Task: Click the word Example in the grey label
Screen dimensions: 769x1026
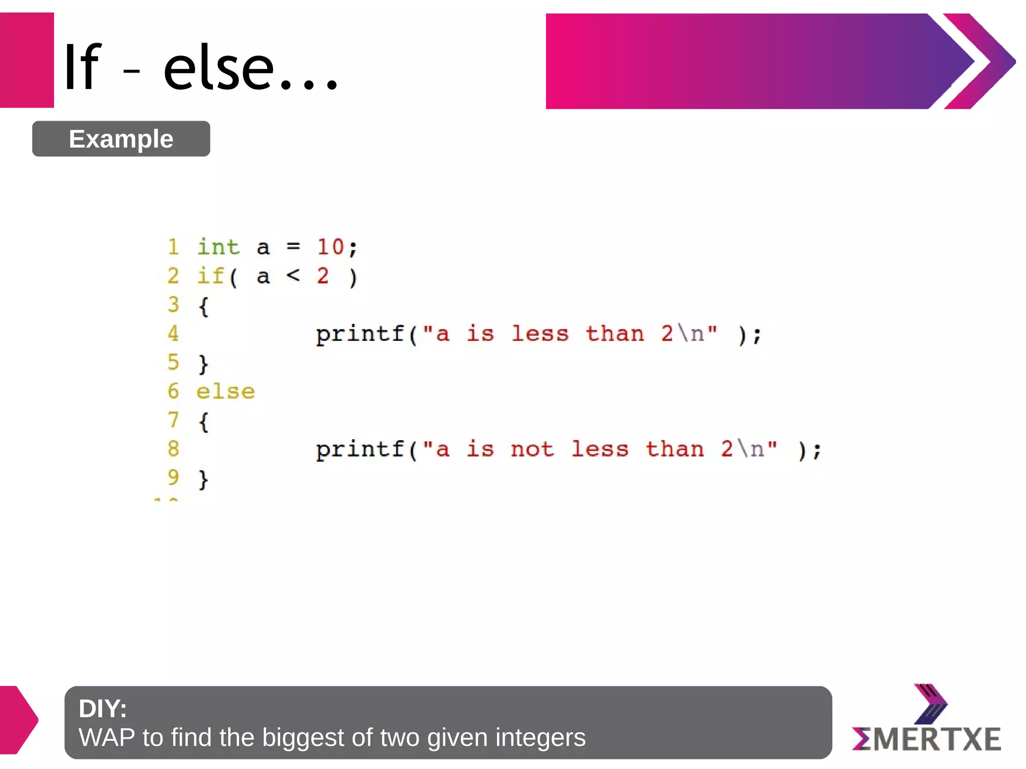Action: [121, 139]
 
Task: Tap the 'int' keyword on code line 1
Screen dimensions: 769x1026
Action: [218, 247]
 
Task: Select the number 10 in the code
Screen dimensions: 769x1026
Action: [330, 247]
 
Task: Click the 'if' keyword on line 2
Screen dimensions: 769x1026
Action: [210, 276]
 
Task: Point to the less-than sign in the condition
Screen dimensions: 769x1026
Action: [293, 275]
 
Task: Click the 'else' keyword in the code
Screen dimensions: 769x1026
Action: [225, 392]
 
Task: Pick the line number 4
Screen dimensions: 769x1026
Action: [173, 333]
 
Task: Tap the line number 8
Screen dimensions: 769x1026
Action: [173, 449]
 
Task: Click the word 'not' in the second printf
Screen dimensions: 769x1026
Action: [532, 449]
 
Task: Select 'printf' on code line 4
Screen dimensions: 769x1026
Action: [360, 334]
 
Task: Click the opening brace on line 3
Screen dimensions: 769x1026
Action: [203, 306]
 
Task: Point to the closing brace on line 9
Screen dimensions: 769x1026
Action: [203, 479]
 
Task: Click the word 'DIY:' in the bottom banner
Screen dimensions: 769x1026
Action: [103, 708]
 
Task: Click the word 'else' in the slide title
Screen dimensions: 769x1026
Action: [219, 68]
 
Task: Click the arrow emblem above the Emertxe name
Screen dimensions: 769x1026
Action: [930, 703]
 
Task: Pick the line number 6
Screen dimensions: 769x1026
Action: [173, 391]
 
